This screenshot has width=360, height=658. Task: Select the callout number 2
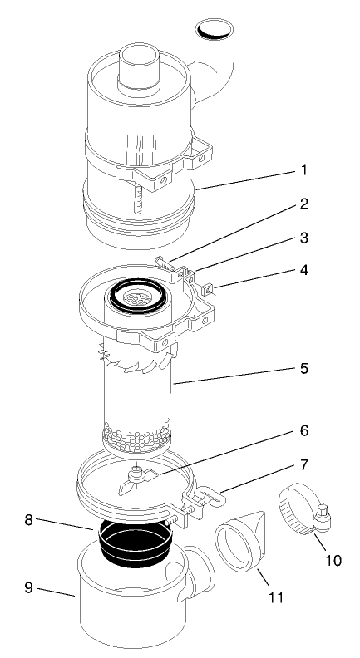tap(305, 225)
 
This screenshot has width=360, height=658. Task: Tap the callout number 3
tap(305, 261)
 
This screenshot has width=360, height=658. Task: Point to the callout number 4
tap(305, 293)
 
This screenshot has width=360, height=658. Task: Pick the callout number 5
tap(305, 366)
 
